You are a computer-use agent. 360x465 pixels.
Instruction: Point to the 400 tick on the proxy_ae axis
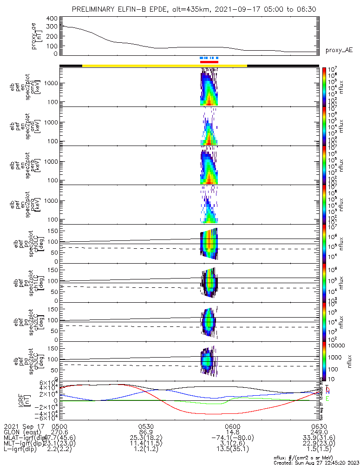[x=52, y=19]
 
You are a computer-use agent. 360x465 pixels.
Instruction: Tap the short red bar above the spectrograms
[x=209, y=61]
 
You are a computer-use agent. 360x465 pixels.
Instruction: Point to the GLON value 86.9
[x=146, y=432]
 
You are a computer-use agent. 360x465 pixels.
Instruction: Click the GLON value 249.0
[x=319, y=432]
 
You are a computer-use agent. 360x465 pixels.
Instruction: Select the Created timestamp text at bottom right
[x=316, y=463]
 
